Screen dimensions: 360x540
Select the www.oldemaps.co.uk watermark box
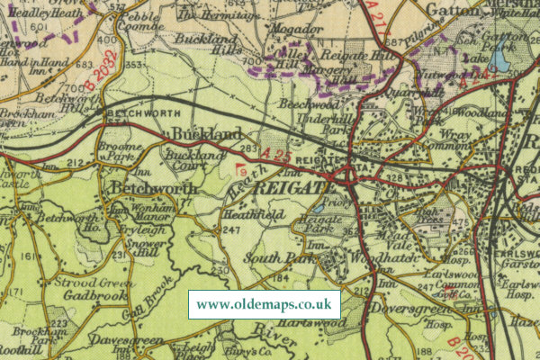[264, 304]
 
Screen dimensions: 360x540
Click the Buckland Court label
[186, 160]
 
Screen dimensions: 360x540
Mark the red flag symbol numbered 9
[241, 168]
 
